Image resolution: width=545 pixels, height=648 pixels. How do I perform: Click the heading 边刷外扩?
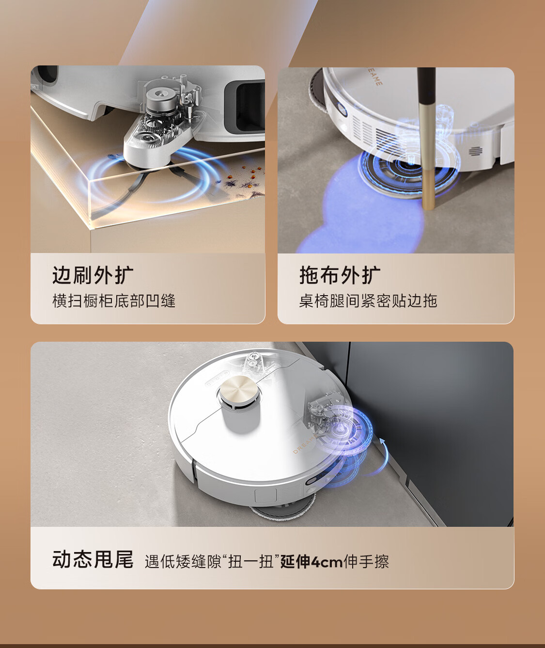[x=93, y=275]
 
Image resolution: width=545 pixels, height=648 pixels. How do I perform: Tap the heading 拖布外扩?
[x=340, y=275]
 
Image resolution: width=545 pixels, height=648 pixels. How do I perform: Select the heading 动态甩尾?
[x=93, y=559]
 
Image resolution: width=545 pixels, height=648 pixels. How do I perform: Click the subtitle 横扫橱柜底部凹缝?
[x=114, y=300]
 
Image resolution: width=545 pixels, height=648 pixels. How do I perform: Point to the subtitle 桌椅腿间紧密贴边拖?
[x=368, y=300]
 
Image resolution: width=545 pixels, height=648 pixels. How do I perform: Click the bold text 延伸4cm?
[x=311, y=561]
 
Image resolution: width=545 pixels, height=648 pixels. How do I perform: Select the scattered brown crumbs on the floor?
[x=244, y=183]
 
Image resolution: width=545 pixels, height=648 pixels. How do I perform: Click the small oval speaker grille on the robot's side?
[x=475, y=151]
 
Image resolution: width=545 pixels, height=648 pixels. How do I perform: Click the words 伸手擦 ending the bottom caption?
[x=366, y=561]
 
